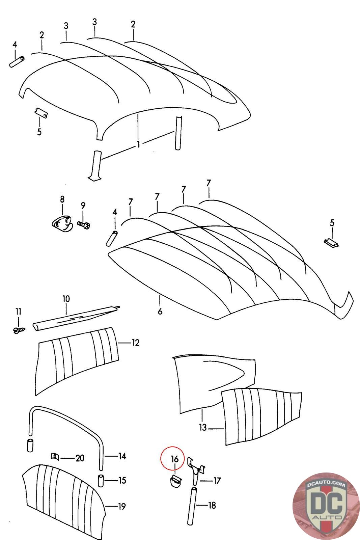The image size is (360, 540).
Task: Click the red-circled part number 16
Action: pos(174,459)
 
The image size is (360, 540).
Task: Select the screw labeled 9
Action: pos(84,224)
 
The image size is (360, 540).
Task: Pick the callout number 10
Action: pos(66,299)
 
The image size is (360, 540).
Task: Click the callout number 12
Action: pos(135,343)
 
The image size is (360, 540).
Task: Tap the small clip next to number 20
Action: pos(55,457)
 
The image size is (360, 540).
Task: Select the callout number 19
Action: pos(122,506)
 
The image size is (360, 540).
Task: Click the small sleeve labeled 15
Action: pos(101,480)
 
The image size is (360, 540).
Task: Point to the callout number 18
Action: pos(212,505)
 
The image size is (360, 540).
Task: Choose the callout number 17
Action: pos(217,480)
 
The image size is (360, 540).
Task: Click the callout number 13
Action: pos(202,428)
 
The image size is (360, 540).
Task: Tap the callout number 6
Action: pos(160,310)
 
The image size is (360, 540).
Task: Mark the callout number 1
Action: pos(138,144)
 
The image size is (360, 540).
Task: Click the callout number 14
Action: pos(122,456)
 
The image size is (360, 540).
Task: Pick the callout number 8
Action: pos(62,199)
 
